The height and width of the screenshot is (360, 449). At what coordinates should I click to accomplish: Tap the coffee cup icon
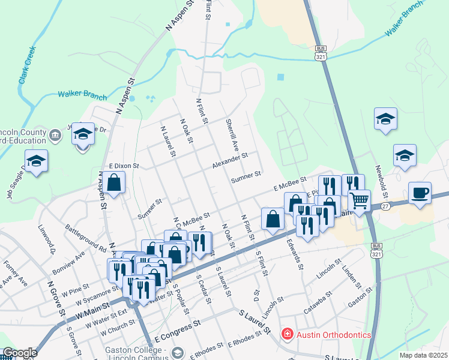420,193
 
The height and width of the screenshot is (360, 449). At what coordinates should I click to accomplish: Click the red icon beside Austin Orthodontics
287,335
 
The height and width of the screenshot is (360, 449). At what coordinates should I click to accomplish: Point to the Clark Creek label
27,71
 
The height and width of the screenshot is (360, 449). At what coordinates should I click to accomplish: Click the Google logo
19,353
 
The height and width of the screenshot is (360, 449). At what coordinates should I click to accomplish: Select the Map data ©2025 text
423,355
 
